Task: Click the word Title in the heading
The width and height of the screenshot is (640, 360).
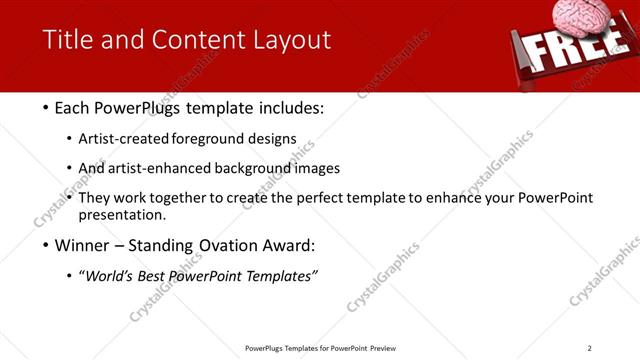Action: (x=68, y=40)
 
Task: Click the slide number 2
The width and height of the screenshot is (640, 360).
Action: (x=589, y=348)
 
